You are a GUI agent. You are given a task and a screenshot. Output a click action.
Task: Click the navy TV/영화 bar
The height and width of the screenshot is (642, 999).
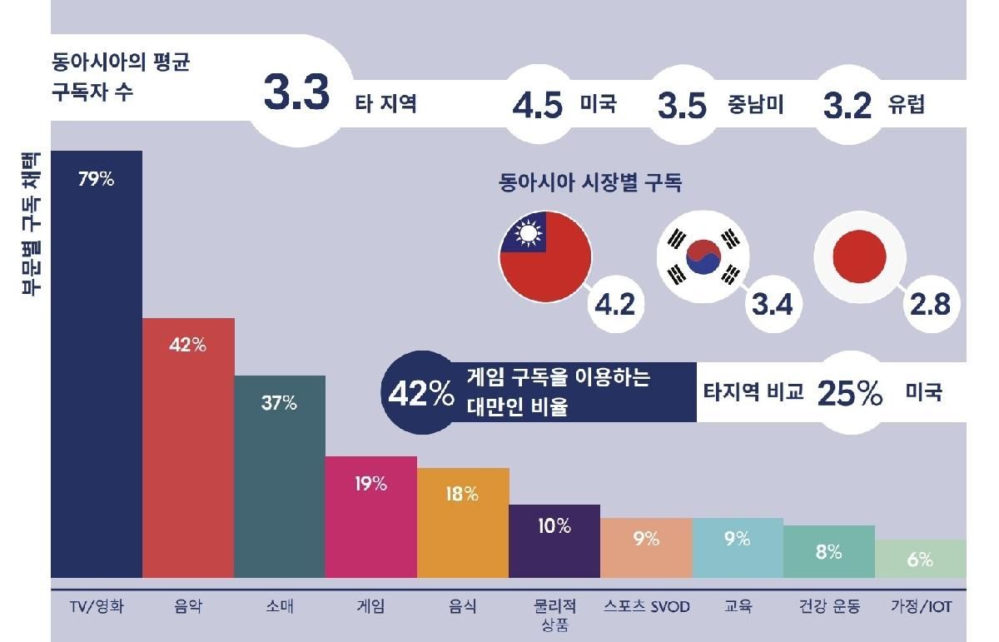97,366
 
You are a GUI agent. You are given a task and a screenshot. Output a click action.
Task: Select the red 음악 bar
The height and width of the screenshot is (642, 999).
188,450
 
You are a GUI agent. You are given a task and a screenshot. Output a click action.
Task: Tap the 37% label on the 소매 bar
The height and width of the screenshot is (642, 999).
279,403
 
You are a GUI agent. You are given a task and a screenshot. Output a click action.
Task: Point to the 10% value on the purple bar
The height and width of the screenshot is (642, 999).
554,526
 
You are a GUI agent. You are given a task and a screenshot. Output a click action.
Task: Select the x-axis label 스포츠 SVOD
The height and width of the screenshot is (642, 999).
646,607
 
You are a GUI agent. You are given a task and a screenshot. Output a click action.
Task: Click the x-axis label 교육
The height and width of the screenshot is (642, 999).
738,607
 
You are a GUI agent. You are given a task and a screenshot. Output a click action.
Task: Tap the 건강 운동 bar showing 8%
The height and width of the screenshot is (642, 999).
828,551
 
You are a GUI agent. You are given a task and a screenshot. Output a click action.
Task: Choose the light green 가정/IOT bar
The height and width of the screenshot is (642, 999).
920,559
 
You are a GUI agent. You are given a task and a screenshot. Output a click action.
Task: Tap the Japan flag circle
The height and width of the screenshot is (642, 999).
858,253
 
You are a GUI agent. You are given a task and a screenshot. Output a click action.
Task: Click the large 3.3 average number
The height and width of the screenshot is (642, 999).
297,93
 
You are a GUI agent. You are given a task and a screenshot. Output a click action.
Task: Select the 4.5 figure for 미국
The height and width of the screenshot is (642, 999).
538,106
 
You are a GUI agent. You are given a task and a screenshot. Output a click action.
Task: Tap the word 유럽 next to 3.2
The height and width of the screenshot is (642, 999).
906,106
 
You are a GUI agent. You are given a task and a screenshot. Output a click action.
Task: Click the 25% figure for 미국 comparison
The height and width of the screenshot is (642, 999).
849,393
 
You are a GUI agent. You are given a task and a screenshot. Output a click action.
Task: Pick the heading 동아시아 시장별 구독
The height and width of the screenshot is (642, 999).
589,183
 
